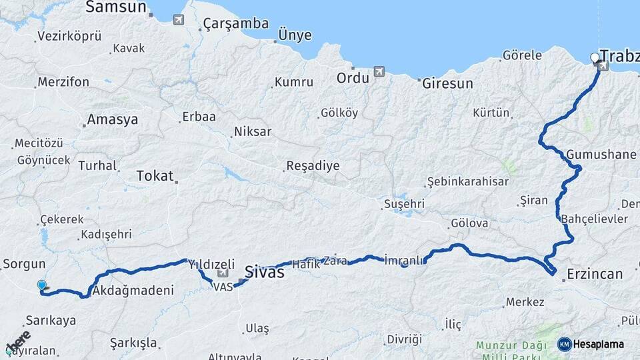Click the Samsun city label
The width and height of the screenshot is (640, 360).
pyautogui.click(x=116, y=7)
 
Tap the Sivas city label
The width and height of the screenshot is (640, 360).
pyautogui.click(x=265, y=272)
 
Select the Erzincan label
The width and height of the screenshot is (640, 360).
pyautogui.click(x=595, y=274)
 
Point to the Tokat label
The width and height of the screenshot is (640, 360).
pyautogui.click(x=155, y=176)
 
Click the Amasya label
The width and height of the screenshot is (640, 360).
pyautogui.click(x=112, y=120)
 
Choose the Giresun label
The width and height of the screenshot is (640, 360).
pyautogui.click(x=447, y=84)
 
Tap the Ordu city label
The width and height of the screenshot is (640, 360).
pyautogui.click(x=353, y=78)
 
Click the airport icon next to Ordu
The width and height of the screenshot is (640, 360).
pyautogui.click(x=379, y=71)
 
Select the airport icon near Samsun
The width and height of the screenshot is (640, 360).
pyautogui.click(x=178, y=19)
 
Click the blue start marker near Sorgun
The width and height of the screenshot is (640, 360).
pyautogui.click(x=42, y=285)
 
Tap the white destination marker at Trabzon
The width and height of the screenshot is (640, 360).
pyautogui.click(x=595, y=58)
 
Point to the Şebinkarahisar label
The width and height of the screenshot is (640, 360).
pyautogui.click(x=467, y=181)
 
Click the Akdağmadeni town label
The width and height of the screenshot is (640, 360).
pyautogui.click(x=133, y=291)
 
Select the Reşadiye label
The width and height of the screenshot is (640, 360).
pyautogui.click(x=313, y=166)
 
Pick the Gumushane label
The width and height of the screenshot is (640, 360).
pyautogui.click(x=601, y=155)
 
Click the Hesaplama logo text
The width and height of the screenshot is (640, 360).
pyautogui.click(x=598, y=344)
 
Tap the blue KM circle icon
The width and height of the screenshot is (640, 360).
pyautogui.click(x=564, y=344)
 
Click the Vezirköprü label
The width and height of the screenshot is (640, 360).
pyautogui.click(x=69, y=36)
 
